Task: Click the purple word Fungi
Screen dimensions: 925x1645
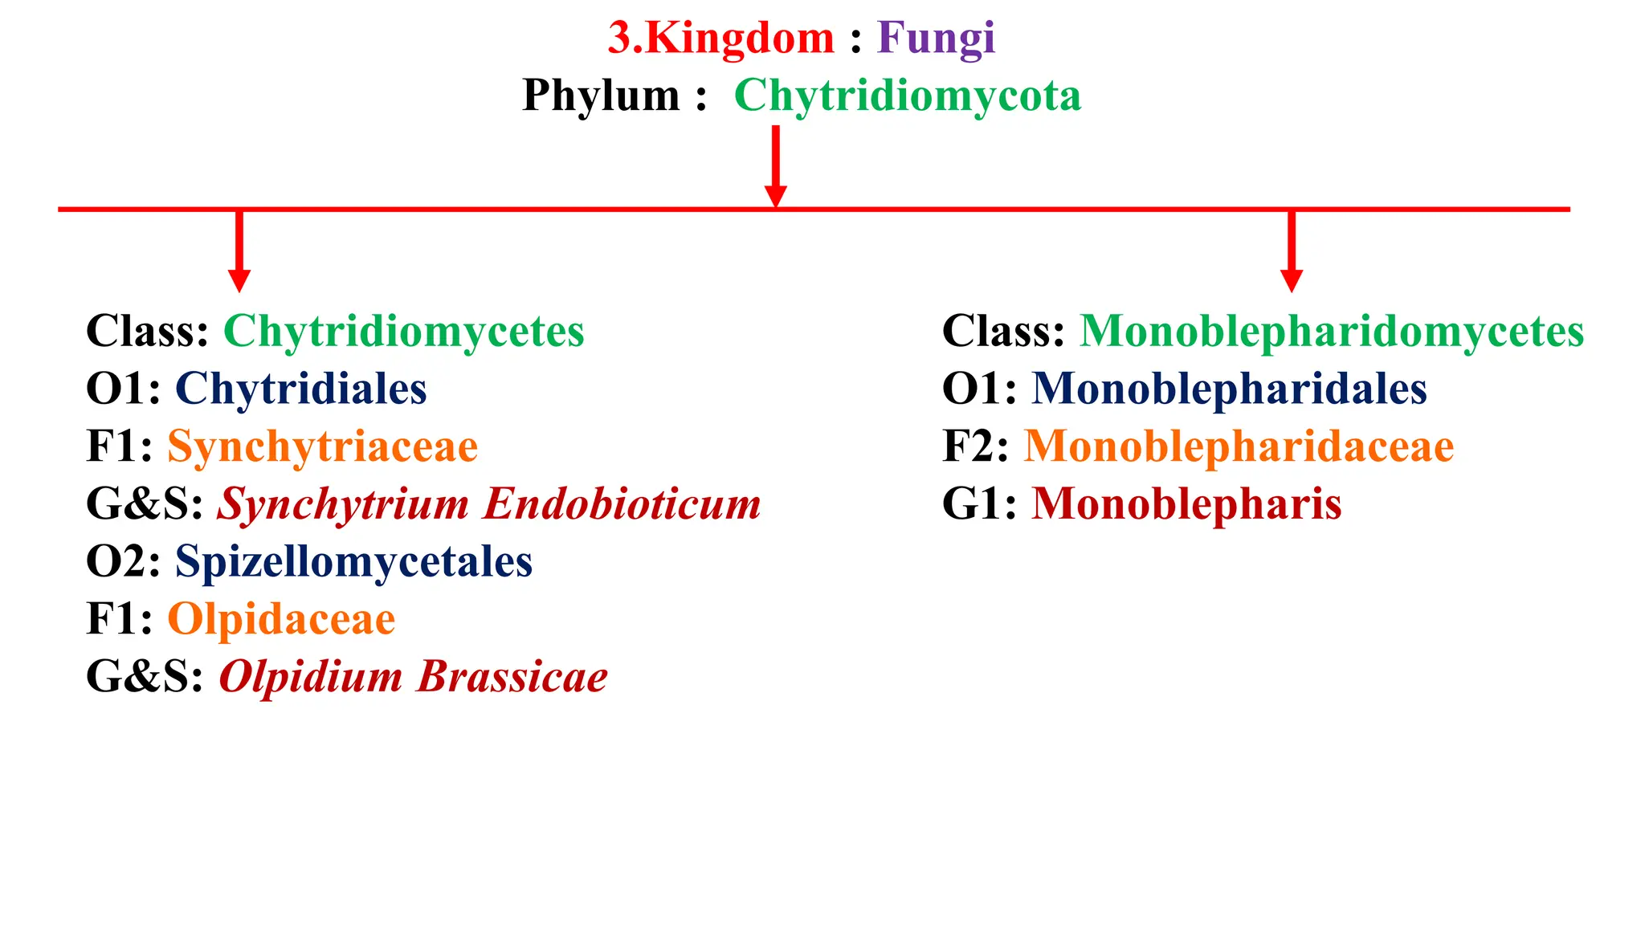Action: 936,38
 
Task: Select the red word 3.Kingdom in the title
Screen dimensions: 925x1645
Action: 720,38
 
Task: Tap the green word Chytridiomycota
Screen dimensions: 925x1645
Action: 908,96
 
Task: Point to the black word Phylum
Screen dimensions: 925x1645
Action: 601,96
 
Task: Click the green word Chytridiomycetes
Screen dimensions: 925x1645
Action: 403,331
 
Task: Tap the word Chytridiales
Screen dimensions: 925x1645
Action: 300,389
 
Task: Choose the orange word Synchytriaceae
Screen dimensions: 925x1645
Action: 322,446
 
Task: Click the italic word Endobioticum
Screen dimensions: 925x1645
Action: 622,504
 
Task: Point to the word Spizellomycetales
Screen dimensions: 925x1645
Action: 353,561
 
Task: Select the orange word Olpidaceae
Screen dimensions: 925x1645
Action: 281,619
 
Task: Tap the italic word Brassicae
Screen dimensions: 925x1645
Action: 512,677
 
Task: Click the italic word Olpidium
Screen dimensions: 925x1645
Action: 310,677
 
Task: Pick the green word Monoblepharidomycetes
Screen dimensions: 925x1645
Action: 1332,331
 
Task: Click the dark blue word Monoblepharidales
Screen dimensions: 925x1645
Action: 1229,389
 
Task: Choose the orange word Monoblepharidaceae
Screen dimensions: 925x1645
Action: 1239,446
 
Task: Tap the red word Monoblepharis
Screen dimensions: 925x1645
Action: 1186,504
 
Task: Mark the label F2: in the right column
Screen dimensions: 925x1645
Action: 975,446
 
